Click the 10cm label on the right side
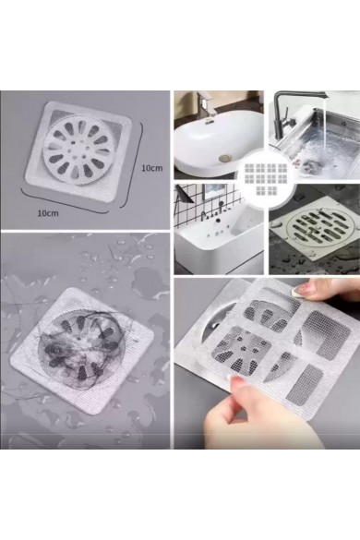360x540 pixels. (151, 169)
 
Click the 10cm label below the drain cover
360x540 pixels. (48, 212)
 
